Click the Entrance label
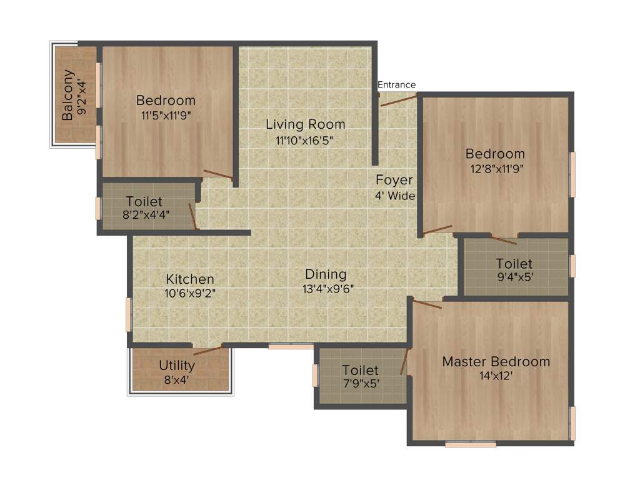[396, 85]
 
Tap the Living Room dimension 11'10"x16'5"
[305, 141]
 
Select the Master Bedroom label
[496, 362]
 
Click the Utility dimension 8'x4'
[177, 379]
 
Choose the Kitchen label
[190, 279]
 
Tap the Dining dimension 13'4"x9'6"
[326, 289]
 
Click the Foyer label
[394, 181]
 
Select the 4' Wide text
[395, 196]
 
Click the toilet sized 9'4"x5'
[514, 271]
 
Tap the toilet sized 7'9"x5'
[361, 377]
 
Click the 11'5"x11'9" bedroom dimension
[166, 114]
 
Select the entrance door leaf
[399, 99]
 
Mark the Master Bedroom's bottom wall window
[471, 444]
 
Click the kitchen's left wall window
[129, 314]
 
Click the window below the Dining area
[291, 346]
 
